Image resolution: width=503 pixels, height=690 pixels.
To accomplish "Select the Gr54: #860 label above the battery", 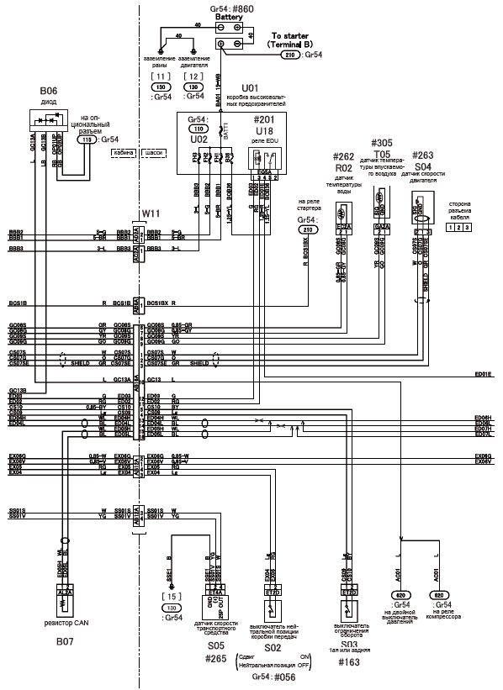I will (229, 8).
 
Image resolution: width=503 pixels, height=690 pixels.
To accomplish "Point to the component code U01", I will (250, 87).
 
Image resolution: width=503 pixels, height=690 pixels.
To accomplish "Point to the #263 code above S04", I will (424, 155).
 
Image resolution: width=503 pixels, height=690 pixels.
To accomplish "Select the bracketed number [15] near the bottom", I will (172, 595).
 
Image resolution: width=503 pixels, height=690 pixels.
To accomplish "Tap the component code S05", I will (216, 646).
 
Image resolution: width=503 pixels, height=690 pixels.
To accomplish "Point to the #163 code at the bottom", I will (347, 662).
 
